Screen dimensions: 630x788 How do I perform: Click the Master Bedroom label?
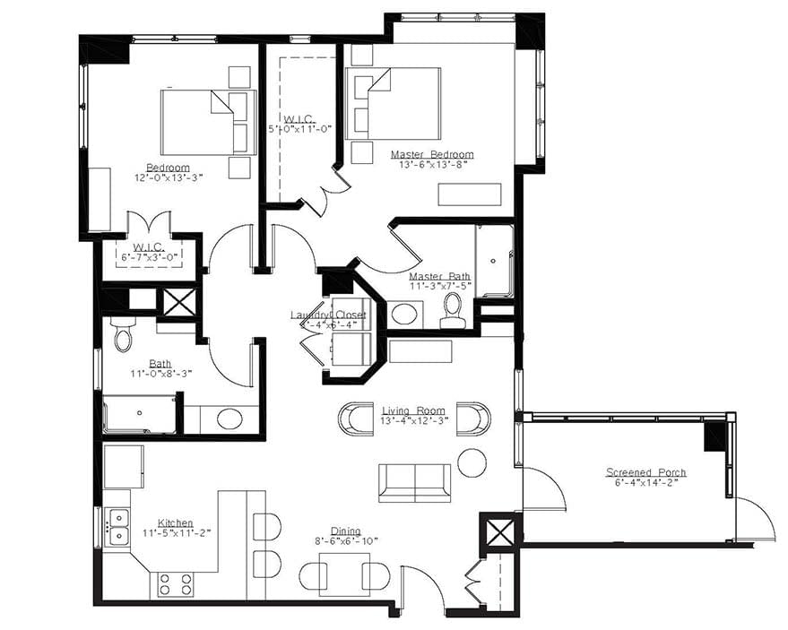[x=431, y=154]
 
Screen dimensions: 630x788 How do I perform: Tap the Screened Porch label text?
[x=645, y=472]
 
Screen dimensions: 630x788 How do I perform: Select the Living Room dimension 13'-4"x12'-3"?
[x=412, y=421]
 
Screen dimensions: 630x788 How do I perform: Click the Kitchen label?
[x=175, y=522]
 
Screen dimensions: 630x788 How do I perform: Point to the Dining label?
[x=346, y=530]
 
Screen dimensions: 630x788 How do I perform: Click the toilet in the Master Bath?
[x=453, y=306]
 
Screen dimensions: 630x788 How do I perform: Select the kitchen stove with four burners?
[x=176, y=584]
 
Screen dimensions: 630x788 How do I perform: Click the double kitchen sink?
[x=117, y=526]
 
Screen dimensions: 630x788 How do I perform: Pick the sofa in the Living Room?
[x=414, y=483]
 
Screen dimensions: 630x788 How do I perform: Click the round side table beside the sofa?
[x=472, y=462]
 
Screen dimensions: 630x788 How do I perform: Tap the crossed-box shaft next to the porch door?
[x=500, y=531]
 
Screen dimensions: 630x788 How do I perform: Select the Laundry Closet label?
[x=328, y=315]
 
